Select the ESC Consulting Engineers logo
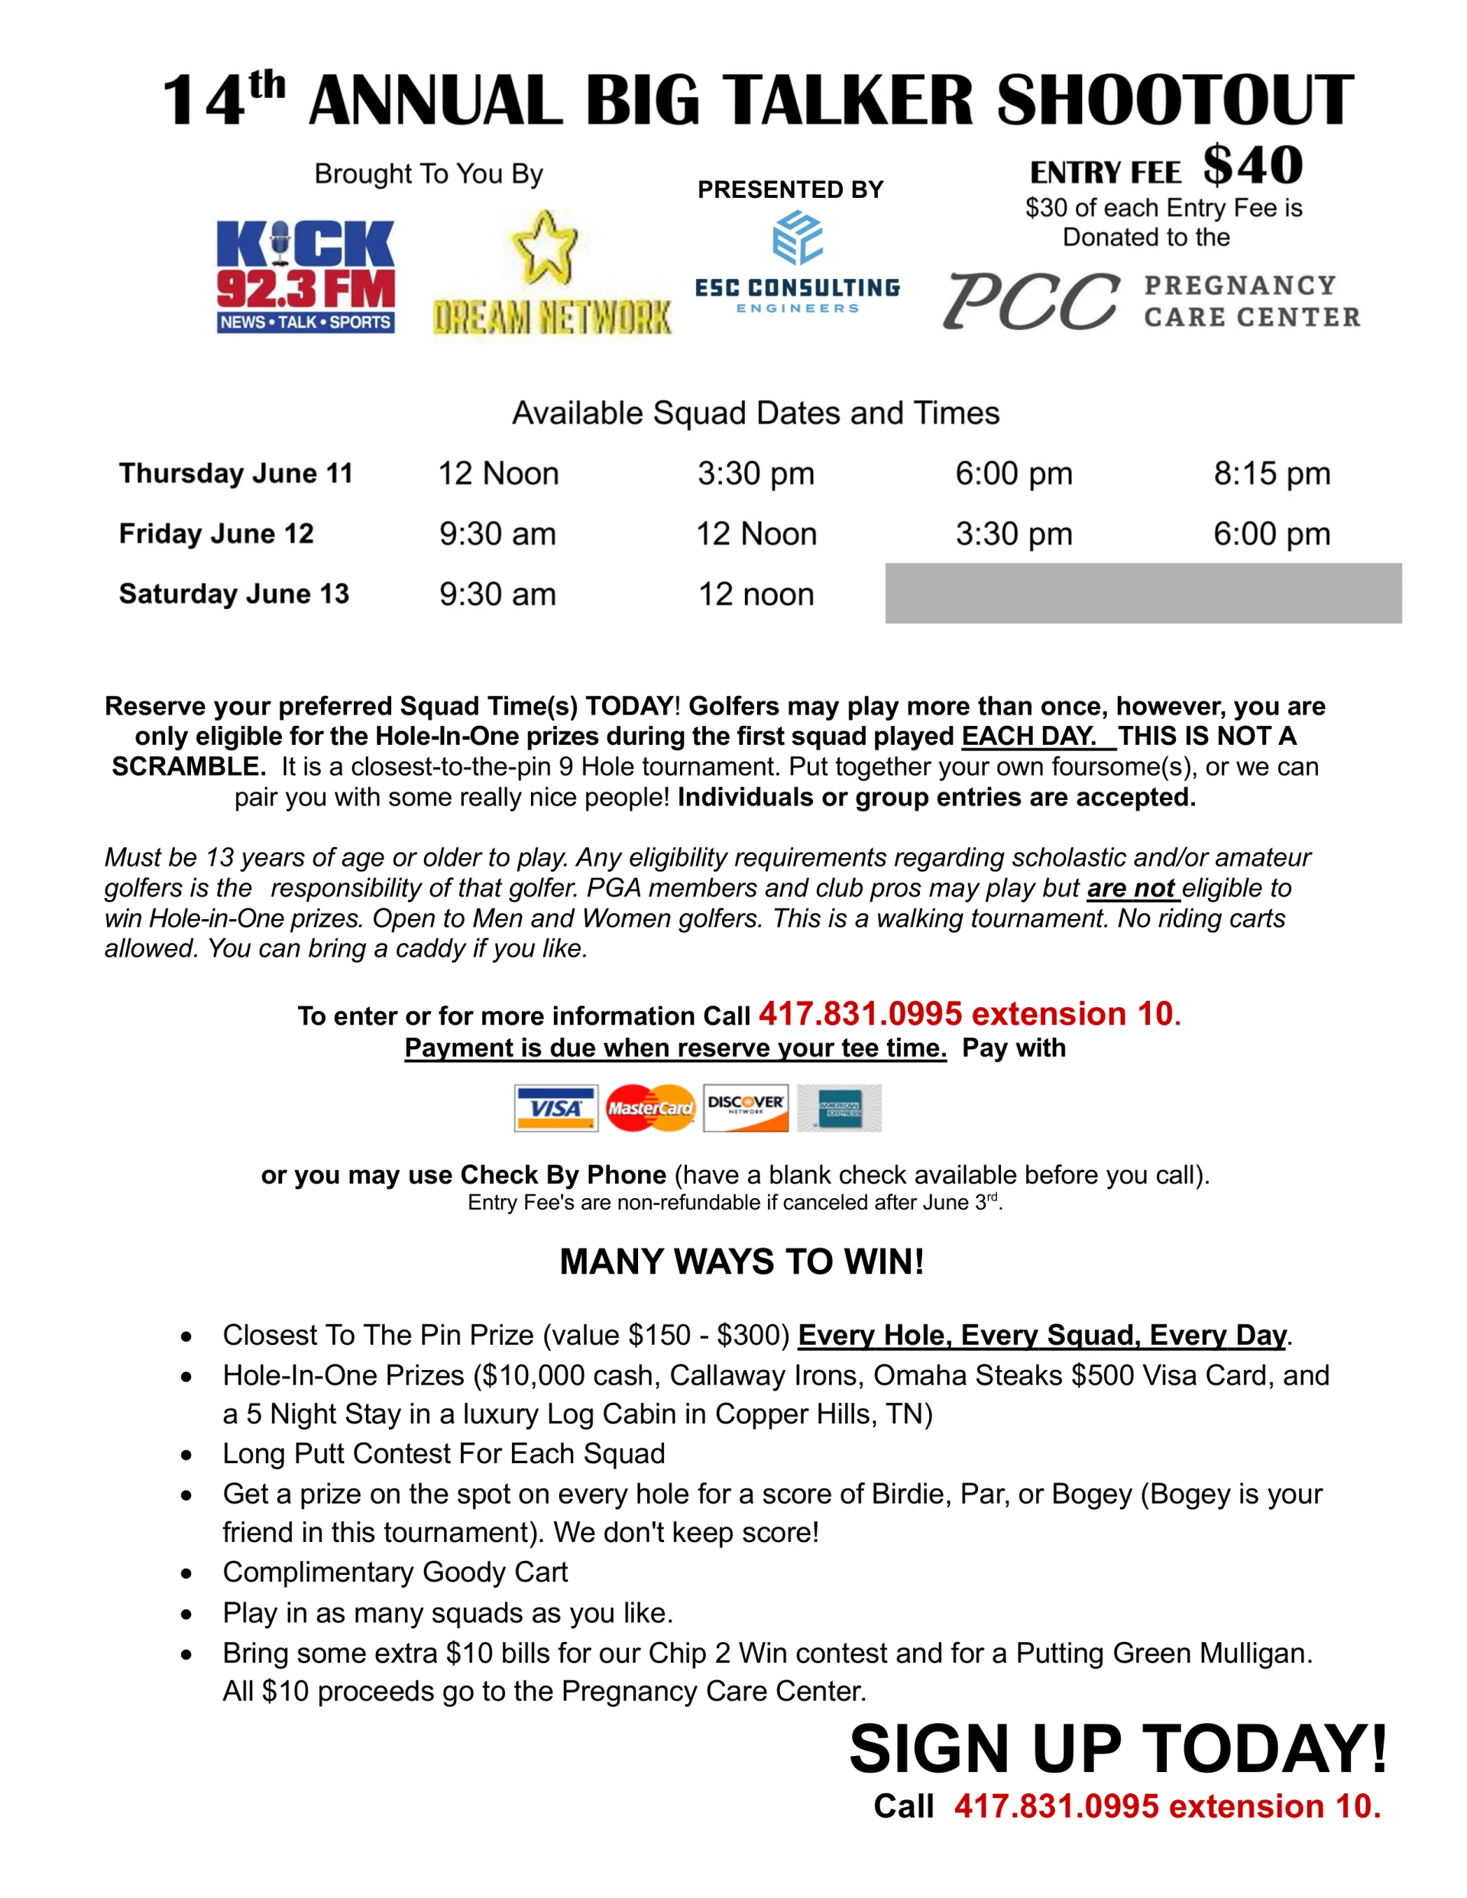(797, 264)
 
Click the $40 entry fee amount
(1252, 165)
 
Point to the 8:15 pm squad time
(1271, 474)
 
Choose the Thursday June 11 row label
(235, 474)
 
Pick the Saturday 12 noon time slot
(756, 594)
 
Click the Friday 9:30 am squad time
(497, 533)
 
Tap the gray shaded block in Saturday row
(1143, 594)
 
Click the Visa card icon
(555, 1108)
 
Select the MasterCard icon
(650, 1108)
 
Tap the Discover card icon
(746, 1108)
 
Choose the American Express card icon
(839, 1108)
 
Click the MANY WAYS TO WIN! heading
(741, 1262)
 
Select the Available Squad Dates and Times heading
(755, 413)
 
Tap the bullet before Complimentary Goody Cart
(186, 1574)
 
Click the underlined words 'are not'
(1131, 888)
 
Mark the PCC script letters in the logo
(1031, 301)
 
